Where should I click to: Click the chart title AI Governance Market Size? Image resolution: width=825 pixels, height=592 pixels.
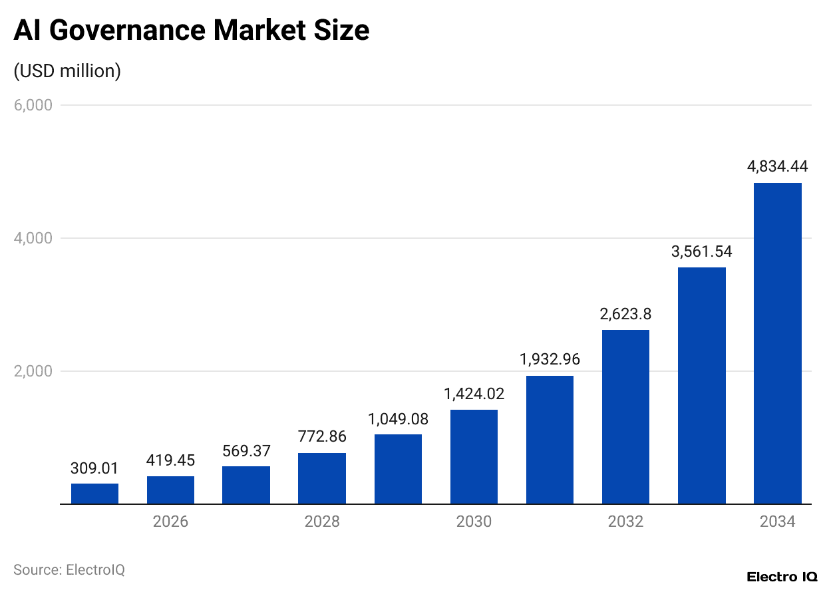tap(192, 31)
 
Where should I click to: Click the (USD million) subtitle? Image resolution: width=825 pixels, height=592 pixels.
tap(67, 71)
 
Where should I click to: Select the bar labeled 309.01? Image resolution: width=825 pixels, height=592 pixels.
tap(94, 494)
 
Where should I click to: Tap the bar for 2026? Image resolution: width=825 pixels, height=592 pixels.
tap(170, 490)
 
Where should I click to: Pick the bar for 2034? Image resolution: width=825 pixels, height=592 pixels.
tap(777, 343)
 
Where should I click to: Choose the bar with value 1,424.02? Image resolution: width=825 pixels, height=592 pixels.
tap(474, 457)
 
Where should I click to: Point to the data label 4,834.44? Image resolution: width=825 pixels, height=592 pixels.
tap(777, 167)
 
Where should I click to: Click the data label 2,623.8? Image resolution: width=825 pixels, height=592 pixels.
tap(625, 314)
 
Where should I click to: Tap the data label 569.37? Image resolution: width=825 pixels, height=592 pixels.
tap(246, 450)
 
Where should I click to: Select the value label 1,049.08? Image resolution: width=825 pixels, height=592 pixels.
tap(398, 419)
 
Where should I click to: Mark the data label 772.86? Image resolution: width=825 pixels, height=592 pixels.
tap(322, 437)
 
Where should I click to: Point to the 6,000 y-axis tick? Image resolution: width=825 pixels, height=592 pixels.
tap(33, 105)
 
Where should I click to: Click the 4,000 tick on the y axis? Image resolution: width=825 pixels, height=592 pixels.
tap(33, 238)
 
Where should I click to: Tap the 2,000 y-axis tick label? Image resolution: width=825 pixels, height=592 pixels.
tap(33, 371)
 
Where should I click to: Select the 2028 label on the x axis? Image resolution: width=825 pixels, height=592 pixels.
tap(322, 521)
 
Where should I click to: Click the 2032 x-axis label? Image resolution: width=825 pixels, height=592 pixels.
tap(625, 521)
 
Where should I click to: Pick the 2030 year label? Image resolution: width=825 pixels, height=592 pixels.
tap(474, 521)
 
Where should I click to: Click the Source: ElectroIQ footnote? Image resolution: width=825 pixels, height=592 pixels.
tap(69, 570)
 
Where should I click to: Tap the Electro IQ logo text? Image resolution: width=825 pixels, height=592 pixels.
tap(782, 577)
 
